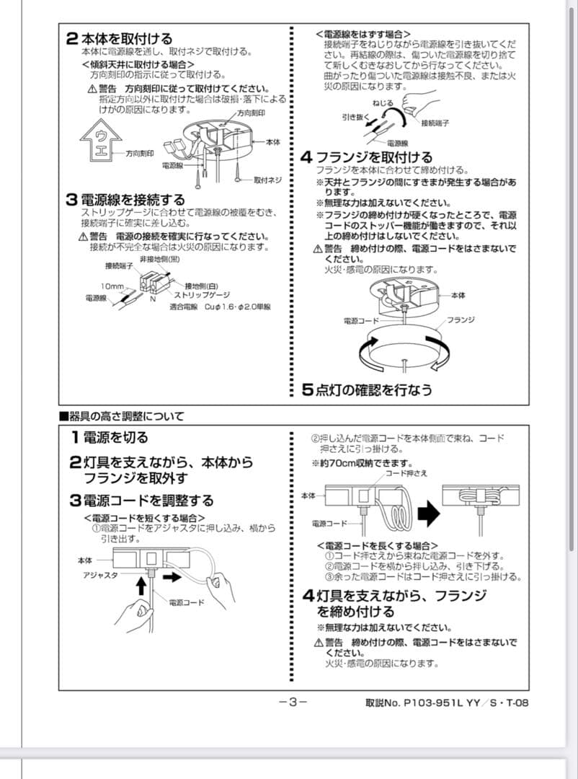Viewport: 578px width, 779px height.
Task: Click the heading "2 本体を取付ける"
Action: pyautogui.click(x=120, y=39)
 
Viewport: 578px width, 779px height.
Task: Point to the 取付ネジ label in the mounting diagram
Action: pyautogui.click(x=267, y=179)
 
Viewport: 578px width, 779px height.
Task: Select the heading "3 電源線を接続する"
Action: pyautogui.click(x=125, y=200)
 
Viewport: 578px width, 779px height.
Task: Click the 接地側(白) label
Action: pyautogui.click(x=203, y=285)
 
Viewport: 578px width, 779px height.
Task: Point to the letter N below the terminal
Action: pyautogui.click(x=154, y=298)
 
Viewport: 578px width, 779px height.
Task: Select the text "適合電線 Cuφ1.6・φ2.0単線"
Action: pyautogui.click(x=220, y=307)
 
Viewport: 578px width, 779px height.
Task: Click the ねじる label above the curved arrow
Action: pyautogui.click(x=383, y=104)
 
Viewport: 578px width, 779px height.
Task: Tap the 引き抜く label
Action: pyautogui.click(x=355, y=116)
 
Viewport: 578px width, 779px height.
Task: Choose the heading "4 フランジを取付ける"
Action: pyautogui.click(x=367, y=157)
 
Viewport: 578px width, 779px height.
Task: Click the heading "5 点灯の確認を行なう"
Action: pyautogui.click(x=367, y=389)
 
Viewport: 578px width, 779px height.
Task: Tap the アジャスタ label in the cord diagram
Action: pyautogui.click(x=99, y=574)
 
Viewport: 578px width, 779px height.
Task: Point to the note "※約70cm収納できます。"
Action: pyautogui.click(x=362, y=463)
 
